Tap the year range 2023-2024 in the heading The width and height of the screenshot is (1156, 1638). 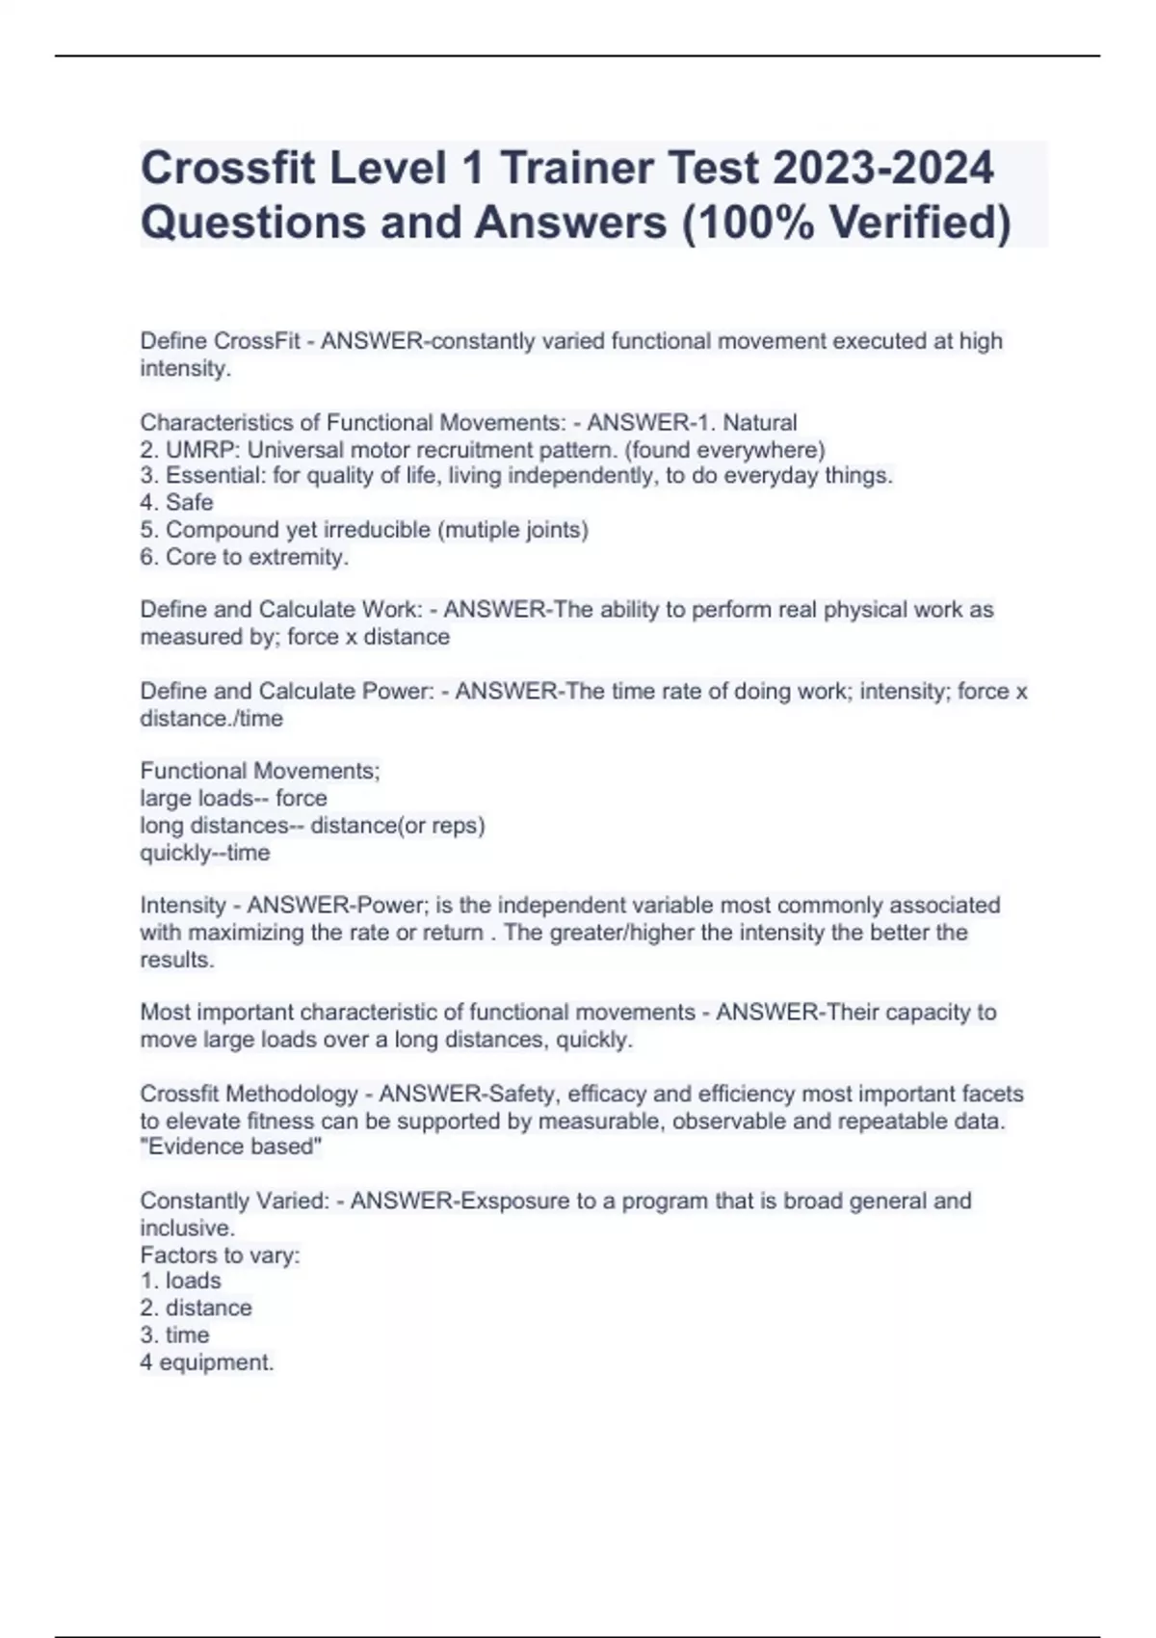point(883,168)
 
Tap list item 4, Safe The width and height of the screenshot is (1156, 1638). point(177,503)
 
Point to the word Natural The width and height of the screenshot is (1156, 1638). point(760,423)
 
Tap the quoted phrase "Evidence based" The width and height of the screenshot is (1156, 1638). point(231,1147)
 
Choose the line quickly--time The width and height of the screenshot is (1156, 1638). point(205,853)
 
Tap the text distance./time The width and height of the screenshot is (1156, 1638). point(212,719)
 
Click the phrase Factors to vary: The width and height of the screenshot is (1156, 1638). point(220,1255)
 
